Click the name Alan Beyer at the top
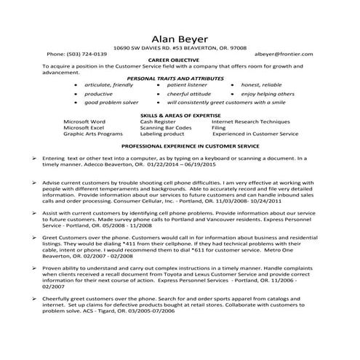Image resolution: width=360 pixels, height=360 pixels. (x=180, y=39)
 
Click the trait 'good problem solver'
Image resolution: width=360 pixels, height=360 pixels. (x=111, y=103)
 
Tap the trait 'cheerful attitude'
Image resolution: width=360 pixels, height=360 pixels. (x=188, y=94)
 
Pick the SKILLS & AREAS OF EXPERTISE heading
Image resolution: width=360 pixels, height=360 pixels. (x=180, y=115)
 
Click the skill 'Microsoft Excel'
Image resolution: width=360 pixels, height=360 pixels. (x=84, y=127)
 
